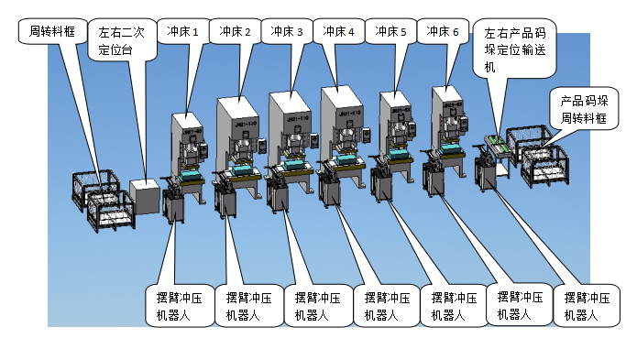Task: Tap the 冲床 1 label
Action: click(x=179, y=30)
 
